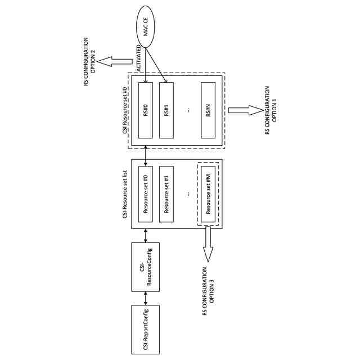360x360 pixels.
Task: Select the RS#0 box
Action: (x=145, y=110)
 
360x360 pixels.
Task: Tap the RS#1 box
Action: (x=166, y=110)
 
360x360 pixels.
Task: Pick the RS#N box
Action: (x=208, y=110)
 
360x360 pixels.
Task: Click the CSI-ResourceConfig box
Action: (x=145, y=267)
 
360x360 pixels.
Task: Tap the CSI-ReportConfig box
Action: (x=145, y=329)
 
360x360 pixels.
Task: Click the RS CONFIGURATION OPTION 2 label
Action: (x=89, y=61)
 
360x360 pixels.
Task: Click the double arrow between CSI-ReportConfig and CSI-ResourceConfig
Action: (x=145, y=298)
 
